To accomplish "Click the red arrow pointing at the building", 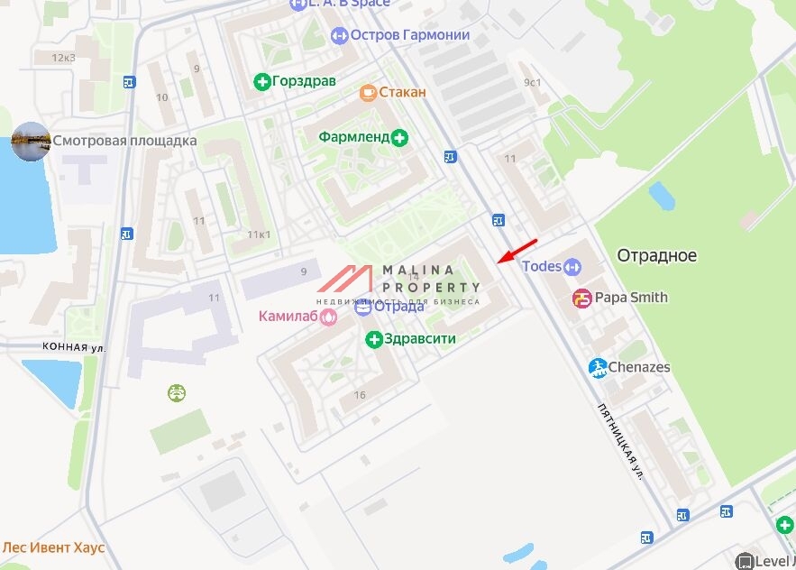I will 517,252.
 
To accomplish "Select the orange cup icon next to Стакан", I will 367,92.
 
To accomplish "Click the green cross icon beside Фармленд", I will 400,137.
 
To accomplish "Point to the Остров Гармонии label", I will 410,35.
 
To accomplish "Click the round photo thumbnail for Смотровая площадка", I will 30,141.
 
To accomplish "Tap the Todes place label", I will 542,266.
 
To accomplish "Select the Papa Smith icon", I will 582,298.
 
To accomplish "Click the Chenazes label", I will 638,367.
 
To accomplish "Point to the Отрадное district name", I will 656,255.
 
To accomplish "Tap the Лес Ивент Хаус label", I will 53,547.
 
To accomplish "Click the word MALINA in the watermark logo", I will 420,270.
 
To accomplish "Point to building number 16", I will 360,395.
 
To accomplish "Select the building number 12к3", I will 63,57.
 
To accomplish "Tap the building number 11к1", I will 259,234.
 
